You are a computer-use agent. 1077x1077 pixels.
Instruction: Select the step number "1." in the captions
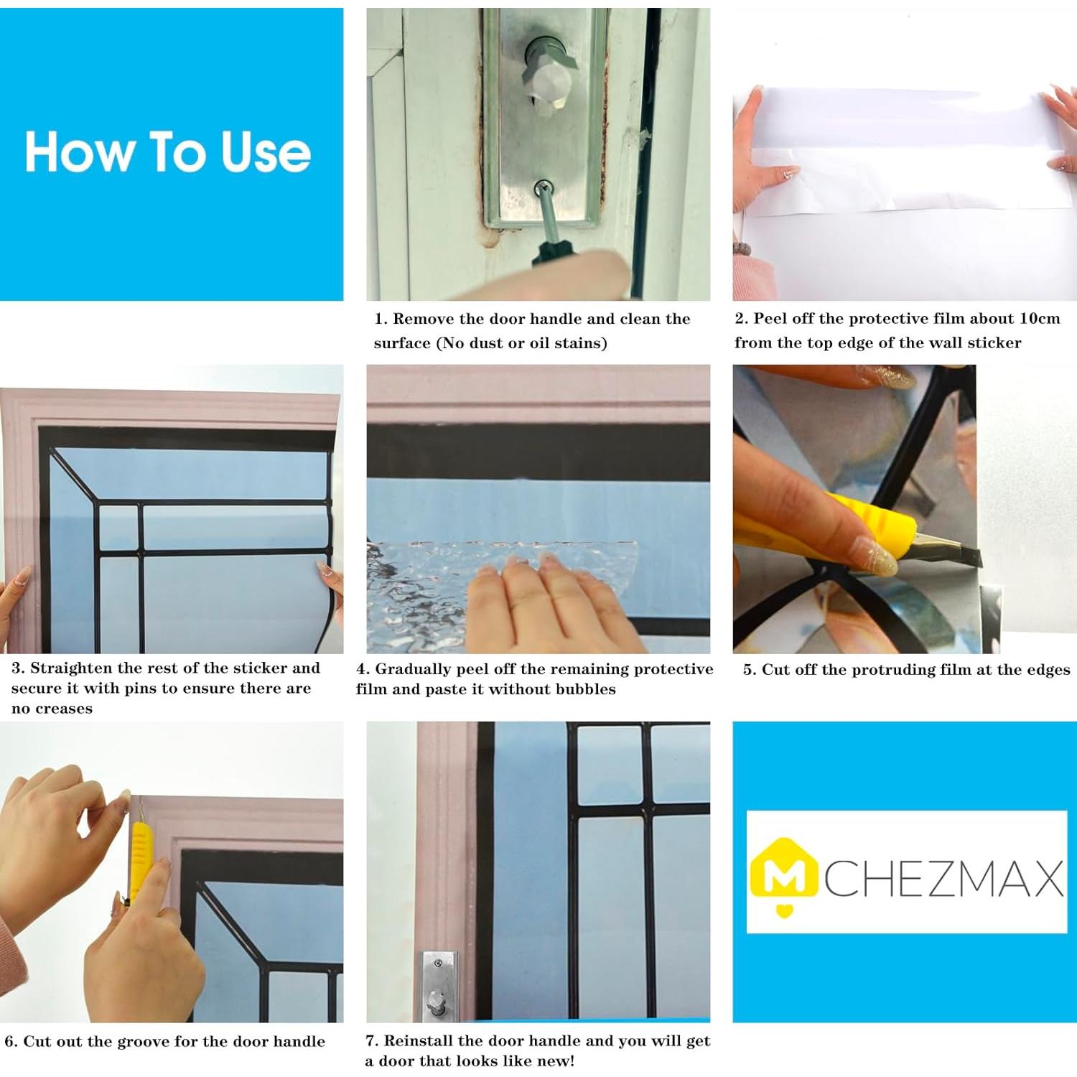pos(381,319)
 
